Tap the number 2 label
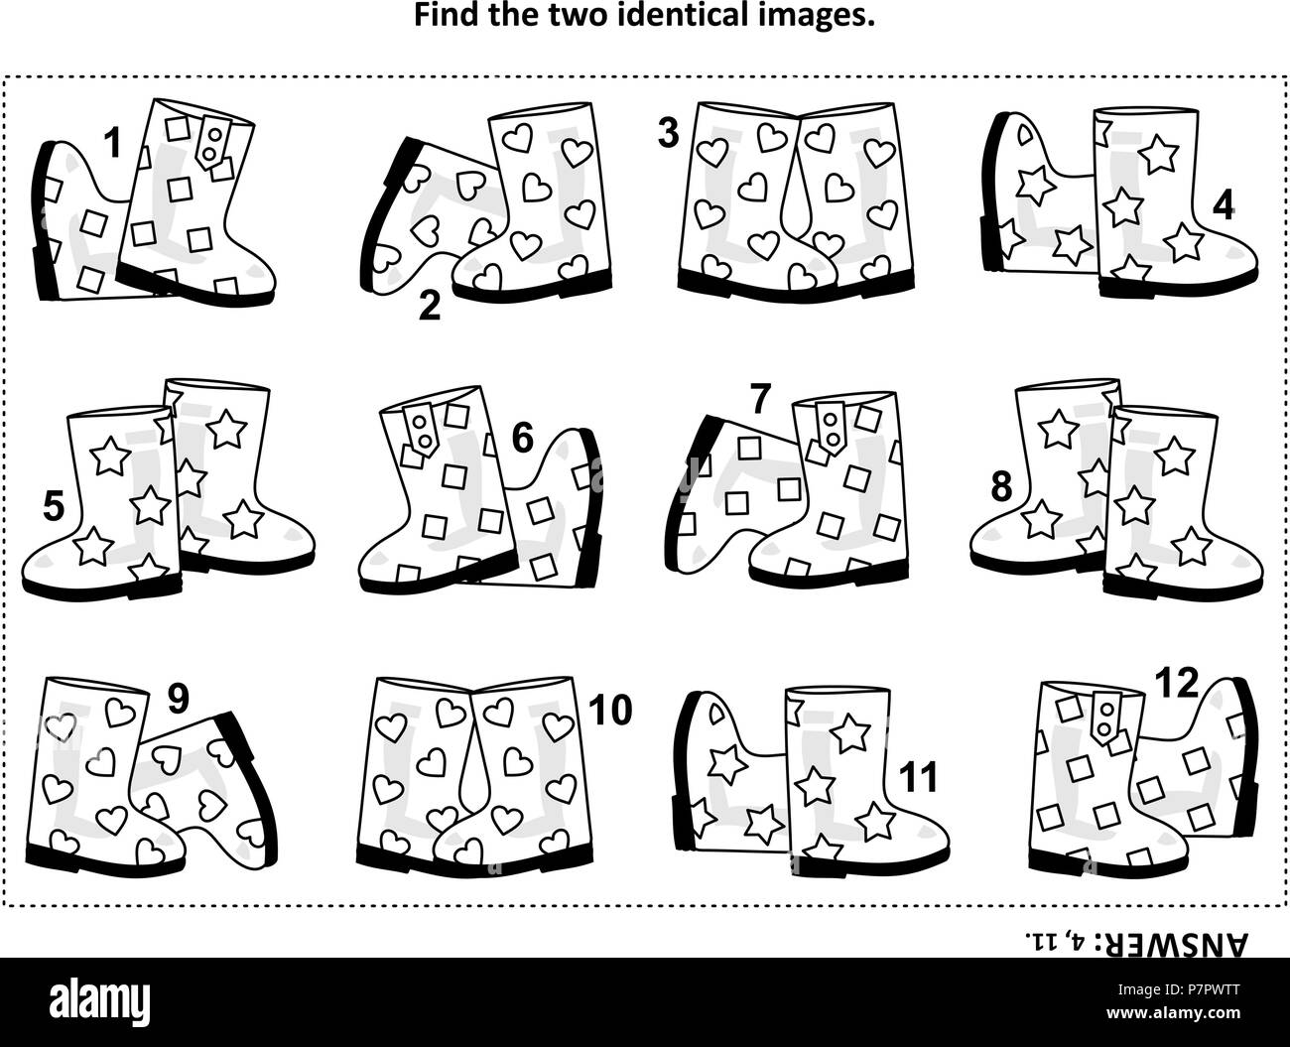pyautogui.click(x=429, y=307)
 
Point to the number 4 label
pyautogui.click(x=1223, y=204)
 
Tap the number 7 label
pyautogui.click(x=760, y=398)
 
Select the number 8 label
pyautogui.click(x=1001, y=486)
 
